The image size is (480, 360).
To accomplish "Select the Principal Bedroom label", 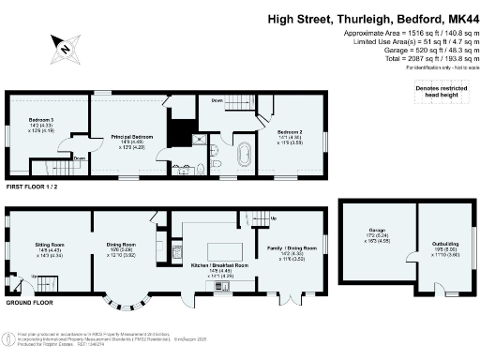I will click(126, 137).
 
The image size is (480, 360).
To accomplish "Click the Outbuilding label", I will click(432, 247).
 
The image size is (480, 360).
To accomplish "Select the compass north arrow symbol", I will click(65, 42).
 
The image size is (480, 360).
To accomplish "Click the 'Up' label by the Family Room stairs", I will click(274, 219).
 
